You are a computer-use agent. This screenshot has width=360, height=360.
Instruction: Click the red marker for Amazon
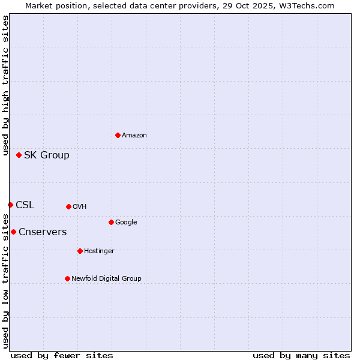[118, 135]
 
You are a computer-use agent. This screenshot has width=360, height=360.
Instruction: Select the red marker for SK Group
[19, 155]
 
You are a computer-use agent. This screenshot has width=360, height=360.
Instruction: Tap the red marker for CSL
[10, 205]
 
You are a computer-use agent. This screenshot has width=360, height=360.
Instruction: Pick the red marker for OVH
[68, 206]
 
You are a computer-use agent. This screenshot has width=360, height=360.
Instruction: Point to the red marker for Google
[111, 222]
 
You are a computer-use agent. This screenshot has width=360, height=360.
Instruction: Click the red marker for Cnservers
[13, 232]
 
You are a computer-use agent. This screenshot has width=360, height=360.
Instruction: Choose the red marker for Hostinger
[80, 251]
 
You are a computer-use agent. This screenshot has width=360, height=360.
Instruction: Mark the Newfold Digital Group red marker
[67, 278]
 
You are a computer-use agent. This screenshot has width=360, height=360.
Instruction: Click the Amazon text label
[134, 136]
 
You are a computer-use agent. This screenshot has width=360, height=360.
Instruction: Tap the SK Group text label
[47, 155]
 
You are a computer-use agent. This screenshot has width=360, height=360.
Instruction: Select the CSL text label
[25, 205]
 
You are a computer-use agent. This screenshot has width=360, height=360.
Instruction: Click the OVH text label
[80, 207]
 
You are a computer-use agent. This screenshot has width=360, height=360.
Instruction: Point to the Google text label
[126, 223]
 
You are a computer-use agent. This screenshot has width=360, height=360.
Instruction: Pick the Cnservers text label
[43, 232]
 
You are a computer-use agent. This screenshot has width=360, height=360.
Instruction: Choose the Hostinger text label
[99, 251]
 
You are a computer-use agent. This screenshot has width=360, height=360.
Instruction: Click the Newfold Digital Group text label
[106, 279]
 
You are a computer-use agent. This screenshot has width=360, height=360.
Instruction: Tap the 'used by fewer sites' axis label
[62, 355]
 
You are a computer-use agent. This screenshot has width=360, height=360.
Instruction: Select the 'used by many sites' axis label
[301, 355]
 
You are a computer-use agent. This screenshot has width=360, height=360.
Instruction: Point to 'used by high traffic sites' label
[5, 86]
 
